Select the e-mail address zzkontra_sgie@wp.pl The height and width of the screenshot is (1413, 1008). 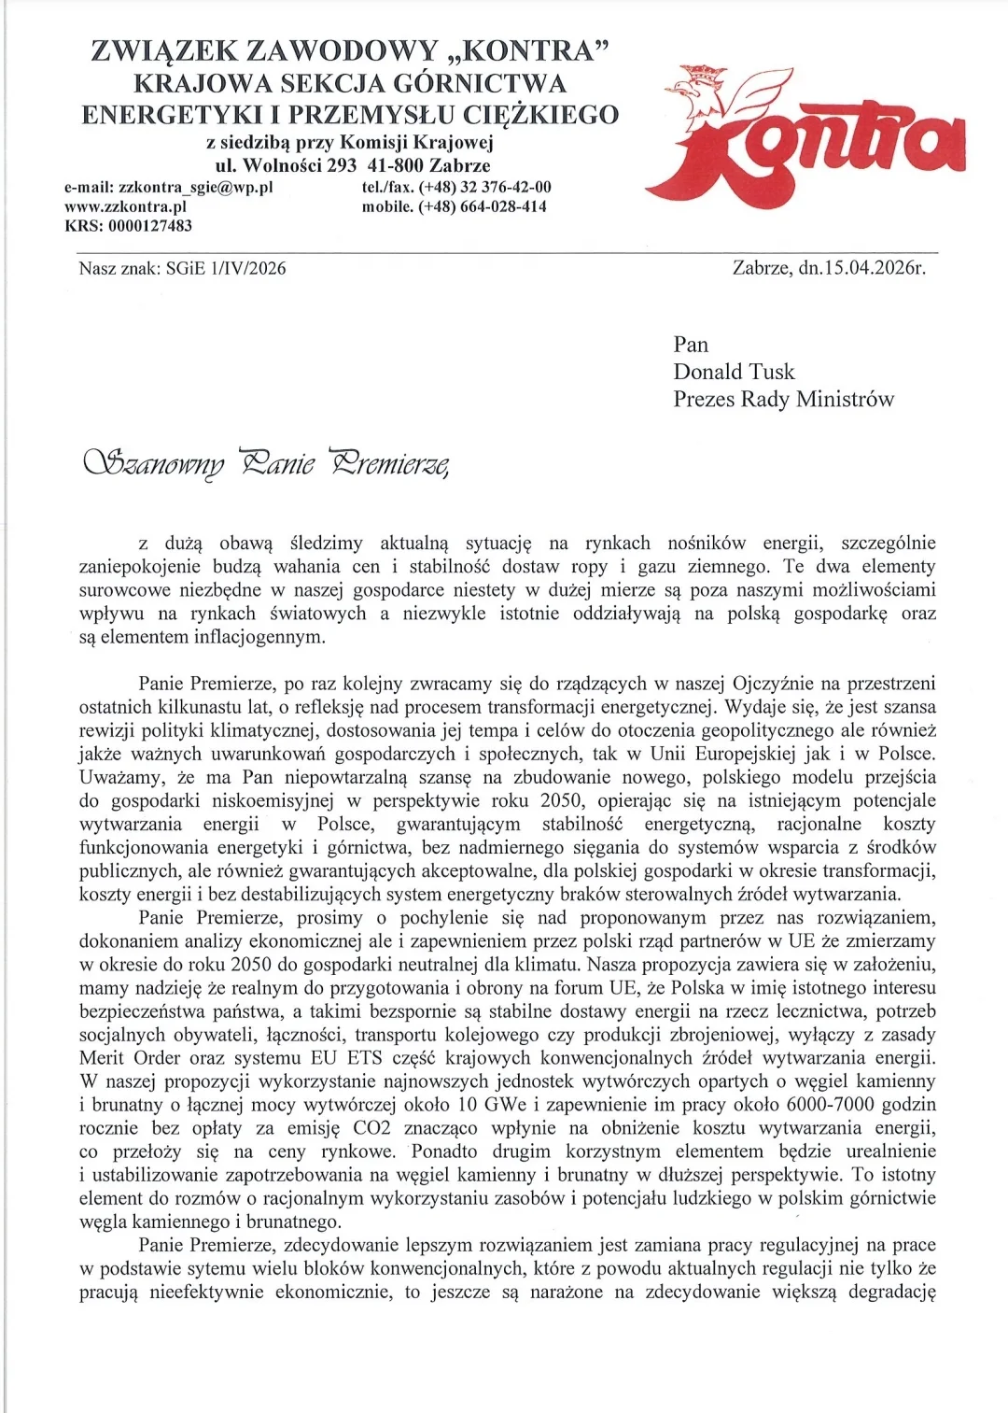click(x=195, y=187)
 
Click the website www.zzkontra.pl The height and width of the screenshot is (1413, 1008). click(x=125, y=206)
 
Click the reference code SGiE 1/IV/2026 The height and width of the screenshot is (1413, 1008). click(x=226, y=269)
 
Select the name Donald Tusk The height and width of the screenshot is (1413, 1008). click(x=734, y=372)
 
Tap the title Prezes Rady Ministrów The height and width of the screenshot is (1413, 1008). click(x=783, y=399)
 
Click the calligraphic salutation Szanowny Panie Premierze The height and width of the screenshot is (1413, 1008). click(x=266, y=462)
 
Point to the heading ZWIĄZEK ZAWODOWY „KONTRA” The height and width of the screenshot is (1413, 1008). click(x=350, y=50)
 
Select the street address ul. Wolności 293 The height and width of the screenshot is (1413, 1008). click(x=286, y=165)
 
